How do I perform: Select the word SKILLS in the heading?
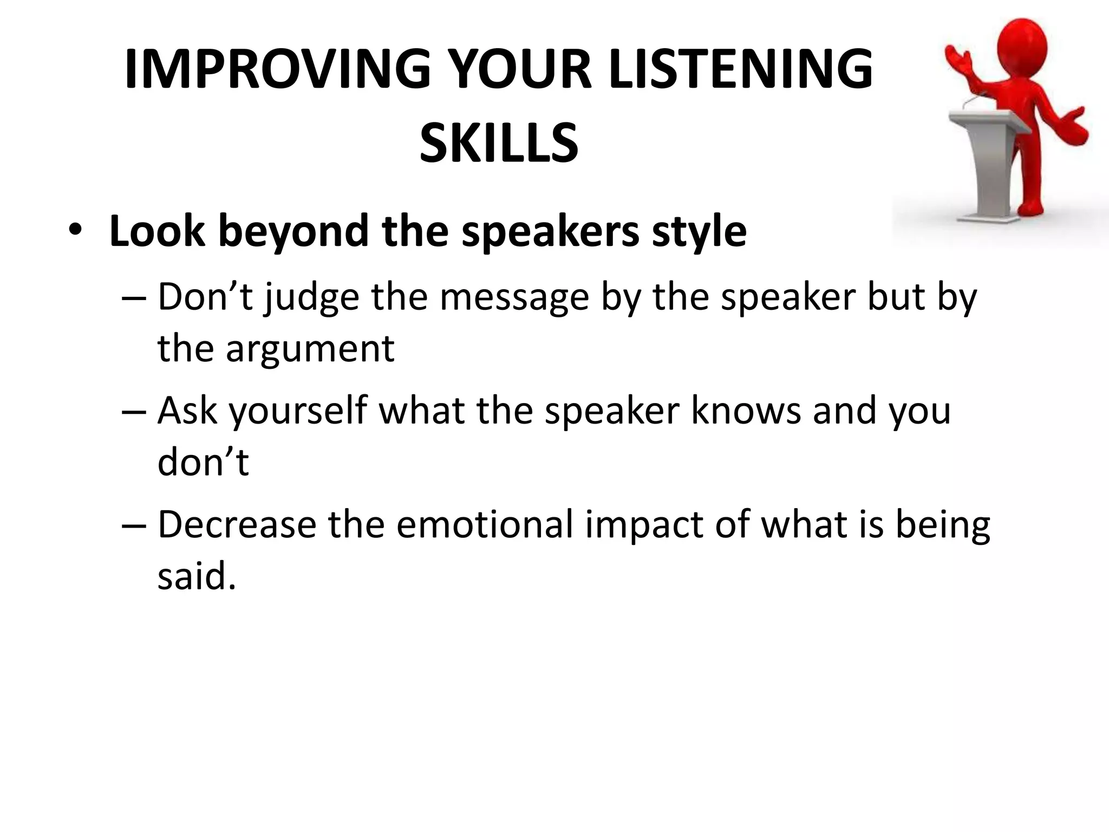click(499, 143)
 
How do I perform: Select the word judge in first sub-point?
click(311, 298)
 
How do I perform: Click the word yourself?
click(298, 411)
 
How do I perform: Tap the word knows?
click(746, 411)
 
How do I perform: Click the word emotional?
click(484, 525)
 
